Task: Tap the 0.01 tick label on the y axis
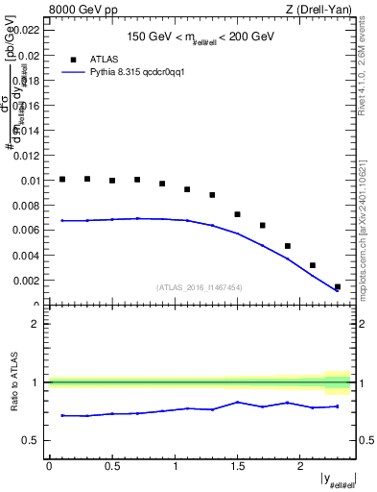30,181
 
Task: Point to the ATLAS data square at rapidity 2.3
338,286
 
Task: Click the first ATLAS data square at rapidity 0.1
62,179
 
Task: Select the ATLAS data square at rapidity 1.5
238,214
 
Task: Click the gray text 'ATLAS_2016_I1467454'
199,287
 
